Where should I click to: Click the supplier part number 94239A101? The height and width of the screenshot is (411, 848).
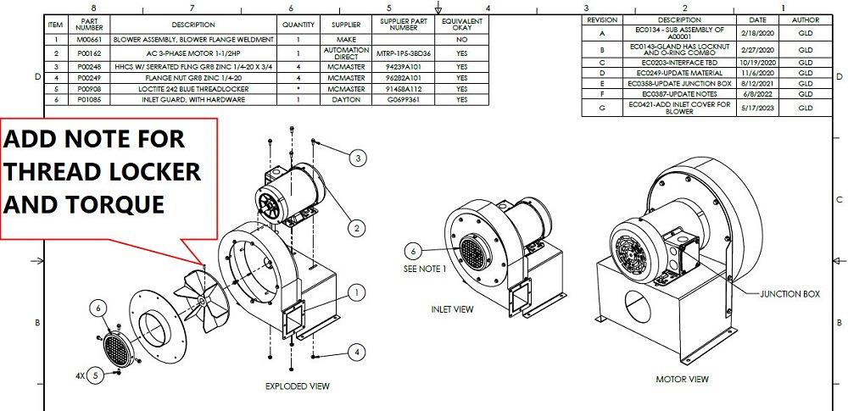pos(404,64)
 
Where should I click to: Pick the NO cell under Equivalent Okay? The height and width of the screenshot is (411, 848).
pos(462,40)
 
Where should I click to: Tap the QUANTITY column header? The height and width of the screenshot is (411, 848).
pos(298,25)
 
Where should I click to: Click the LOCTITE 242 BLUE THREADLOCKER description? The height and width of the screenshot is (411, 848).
pos(193,88)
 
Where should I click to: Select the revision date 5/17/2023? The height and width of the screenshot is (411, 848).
pos(751,107)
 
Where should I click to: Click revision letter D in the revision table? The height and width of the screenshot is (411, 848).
pos(602,73)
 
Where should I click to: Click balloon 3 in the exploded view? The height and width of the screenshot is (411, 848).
pos(358,158)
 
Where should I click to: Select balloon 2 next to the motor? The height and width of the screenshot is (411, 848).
pos(357,228)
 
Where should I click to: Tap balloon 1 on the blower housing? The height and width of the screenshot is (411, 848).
pos(357,292)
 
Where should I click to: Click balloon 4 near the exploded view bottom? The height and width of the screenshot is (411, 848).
pos(357,352)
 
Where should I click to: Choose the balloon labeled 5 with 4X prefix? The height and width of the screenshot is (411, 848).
pos(96,374)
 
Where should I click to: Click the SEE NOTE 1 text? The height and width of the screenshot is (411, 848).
pos(425,269)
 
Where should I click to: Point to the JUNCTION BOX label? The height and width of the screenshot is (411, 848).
pos(790,294)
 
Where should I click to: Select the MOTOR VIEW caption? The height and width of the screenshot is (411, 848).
pos(682,379)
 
